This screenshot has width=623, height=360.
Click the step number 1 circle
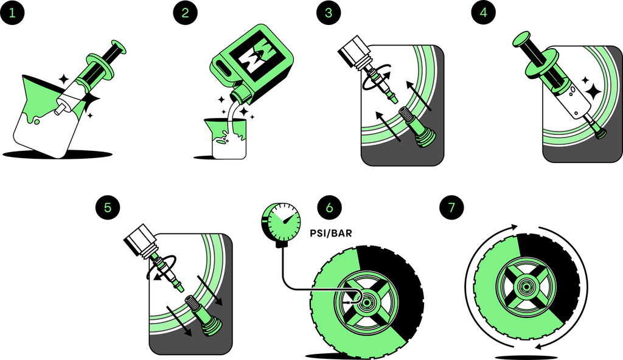tap(12, 13)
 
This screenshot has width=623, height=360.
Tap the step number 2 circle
tap(185, 13)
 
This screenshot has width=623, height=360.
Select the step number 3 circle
tap(329, 13)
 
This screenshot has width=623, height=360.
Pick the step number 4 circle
tap(484, 13)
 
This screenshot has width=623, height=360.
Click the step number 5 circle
tap(108, 208)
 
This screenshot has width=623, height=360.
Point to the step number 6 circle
tap(329, 208)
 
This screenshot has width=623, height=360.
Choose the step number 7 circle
tap(451, 208)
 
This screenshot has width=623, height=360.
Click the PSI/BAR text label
tap(331, 233)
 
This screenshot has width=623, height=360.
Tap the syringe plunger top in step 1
tap(119, 46)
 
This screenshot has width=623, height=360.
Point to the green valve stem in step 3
tap(419, 126)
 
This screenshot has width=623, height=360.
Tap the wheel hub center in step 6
tap(366, 302)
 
